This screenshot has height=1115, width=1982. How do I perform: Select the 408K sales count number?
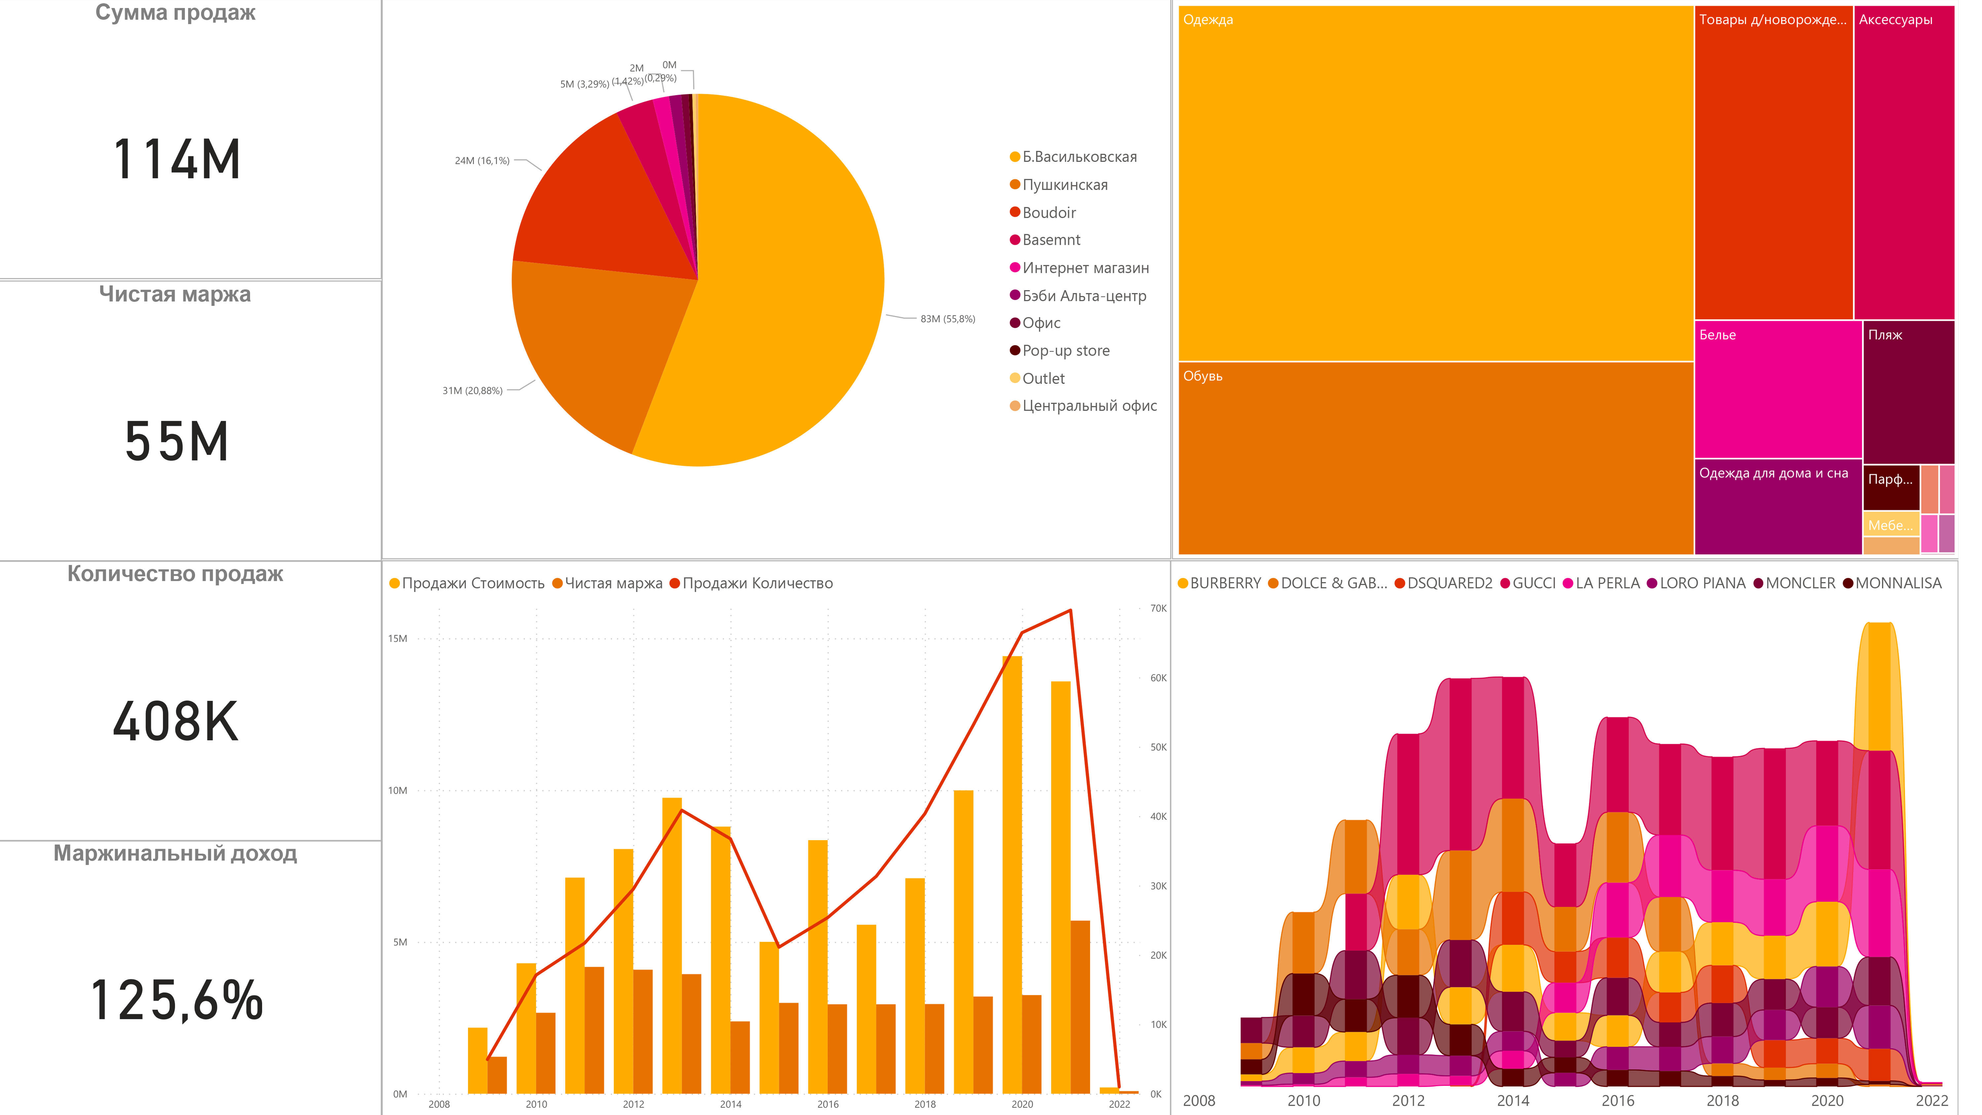pyautogui.click(x=176, y=722)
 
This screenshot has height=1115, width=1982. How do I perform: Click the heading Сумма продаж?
pyautogui.click(x=175, y=13)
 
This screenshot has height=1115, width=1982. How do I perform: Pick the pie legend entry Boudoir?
pyautogui.click(x=1048, y=212)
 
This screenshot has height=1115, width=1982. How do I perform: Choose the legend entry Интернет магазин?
pyautogui.click(x=1085, y=268)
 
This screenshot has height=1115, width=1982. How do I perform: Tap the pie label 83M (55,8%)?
pyautogui.click(x=947, y=318)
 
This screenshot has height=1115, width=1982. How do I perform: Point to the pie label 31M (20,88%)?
pyautogui.click(x=472, y=391)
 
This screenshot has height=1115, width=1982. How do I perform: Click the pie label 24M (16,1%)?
pyautogui.click(x=482, y=161)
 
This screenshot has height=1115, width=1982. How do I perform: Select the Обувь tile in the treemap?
pyautogui.click(x=1435, y=458)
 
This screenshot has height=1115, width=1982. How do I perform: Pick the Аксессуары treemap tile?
pyautogui.click(x=1903, y=162)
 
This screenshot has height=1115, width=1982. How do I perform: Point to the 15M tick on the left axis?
pyautogui.click(x=398, y=639)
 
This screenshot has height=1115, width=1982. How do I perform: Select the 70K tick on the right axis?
pyautogui.click(x=1158, y=609)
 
